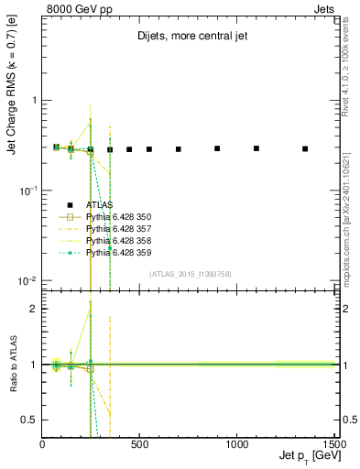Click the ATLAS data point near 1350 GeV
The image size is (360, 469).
[x=305, y=148]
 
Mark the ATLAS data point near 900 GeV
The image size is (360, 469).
[x=217, y=148]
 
